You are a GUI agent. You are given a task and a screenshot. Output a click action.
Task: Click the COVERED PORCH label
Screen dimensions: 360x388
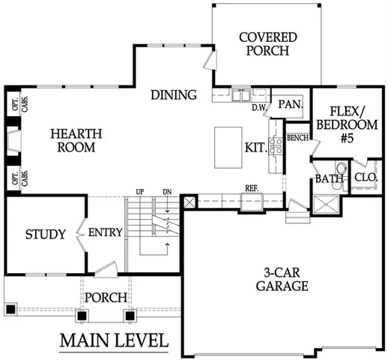tap(267, 44)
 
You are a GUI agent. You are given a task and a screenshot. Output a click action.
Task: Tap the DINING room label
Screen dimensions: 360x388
tap(173, 95)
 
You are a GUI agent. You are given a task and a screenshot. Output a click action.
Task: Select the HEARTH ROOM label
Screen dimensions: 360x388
tap(73, 140)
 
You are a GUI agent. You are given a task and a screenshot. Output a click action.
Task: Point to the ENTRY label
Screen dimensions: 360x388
tap(105, 232)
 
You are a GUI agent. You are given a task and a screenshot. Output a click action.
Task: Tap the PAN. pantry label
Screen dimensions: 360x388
tap(289, 106)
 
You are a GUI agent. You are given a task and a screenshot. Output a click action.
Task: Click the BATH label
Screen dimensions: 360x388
tap(328, 179)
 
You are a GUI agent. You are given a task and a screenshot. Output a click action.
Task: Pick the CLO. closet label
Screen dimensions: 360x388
tap(366, 178)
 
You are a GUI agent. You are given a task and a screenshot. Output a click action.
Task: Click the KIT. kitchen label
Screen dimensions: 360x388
tap(255, 148)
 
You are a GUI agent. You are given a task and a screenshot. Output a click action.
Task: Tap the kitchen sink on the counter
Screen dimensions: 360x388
tap(241, 96)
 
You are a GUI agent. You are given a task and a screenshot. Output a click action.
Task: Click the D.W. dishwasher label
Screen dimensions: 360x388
tap(259, 108)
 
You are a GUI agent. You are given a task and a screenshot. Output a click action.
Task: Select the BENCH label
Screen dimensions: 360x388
tap(297, 138)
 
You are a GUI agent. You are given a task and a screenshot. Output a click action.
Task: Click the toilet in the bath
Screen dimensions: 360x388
tap(341, 169)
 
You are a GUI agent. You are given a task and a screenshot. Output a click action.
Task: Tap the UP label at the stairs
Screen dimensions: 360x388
tap(140, 192)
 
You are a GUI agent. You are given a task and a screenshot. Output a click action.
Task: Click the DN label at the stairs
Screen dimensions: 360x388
tap(167, 192)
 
